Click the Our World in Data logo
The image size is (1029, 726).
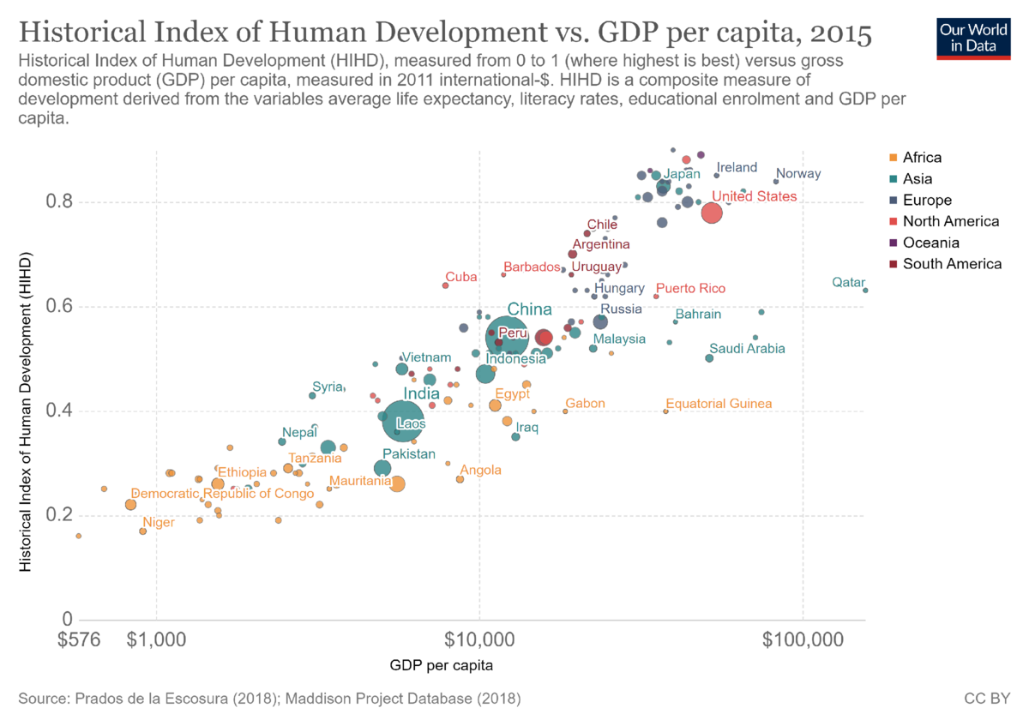pyautogui.click(x=972, y=35)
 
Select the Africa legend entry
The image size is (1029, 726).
pyautogui.click(x=922, y=158)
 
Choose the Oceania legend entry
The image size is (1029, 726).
pyautogui.click(x=930, y=243)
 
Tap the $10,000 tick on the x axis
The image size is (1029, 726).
pyautogui.click(x=479, y=639)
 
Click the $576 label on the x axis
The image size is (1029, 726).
pyautogui.click(x=79, y=639)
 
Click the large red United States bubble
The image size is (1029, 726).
pyautogui.click(x=712, y=213)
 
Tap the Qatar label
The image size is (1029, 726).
pyautogui.click(x=849, y=283)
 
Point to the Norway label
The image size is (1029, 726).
pyautogui.click(x=798, y=174)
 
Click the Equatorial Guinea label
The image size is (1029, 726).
pyautogui.click(x=719, y=404)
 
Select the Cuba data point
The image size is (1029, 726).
pyautogui.click(x=445, y=285)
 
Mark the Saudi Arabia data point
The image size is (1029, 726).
pyautogui.click(x=709, y=358)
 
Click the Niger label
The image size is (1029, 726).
pyautogui.click(x=159, y=522)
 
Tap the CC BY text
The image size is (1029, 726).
pyautogui.click(x=988, y=699)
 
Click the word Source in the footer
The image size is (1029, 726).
pyautogui.click(x=39, y=699)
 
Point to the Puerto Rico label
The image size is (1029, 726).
pyautogui.click(x=690, y=289)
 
